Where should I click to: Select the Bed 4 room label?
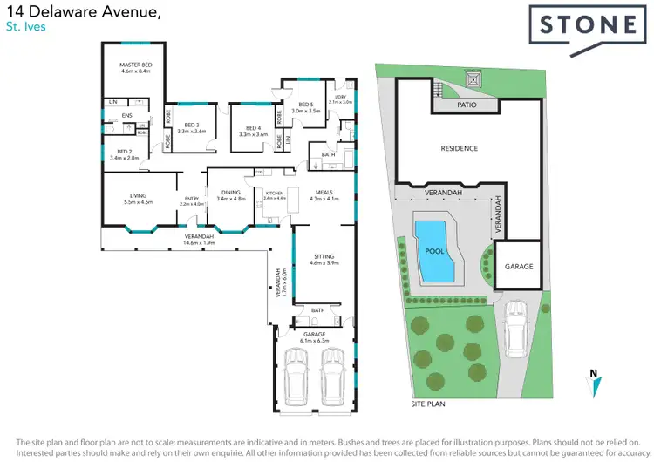252,131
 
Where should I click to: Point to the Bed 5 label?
306,107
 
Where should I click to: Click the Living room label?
138,198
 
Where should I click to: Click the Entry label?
190,201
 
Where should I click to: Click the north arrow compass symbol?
592,377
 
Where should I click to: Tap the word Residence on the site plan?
459,148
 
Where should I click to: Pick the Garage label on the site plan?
518,267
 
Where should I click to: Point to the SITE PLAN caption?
428,405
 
